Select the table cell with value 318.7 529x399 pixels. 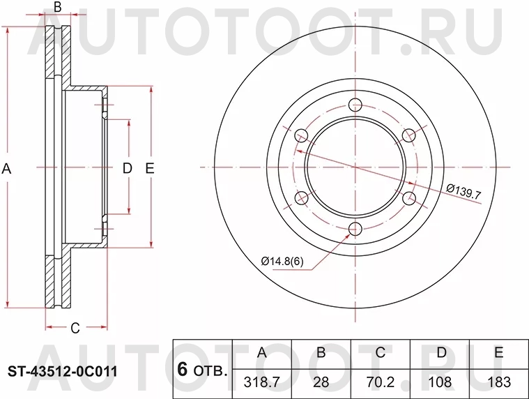tap(262, 382)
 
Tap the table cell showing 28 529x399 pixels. tap(321, 382)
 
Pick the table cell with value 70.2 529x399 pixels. tap(381, 382)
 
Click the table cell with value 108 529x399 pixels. tap(440, 382)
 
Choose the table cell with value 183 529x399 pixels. tap(498, 382)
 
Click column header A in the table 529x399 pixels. tap(262, 353)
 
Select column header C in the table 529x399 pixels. tap(381, 353)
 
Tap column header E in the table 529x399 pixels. tap(498, 353)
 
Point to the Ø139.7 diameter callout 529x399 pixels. tap(463, 190)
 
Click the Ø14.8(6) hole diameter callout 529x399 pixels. tap(283, 261)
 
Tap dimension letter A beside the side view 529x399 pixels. tap(7, 168)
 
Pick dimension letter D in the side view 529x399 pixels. tap(127, 168)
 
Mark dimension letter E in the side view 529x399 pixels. tap(149, 168)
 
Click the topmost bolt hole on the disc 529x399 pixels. tap(355, 106)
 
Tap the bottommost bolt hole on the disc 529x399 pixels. tap(355, 229)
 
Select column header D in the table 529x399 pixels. tap(440, 353)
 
